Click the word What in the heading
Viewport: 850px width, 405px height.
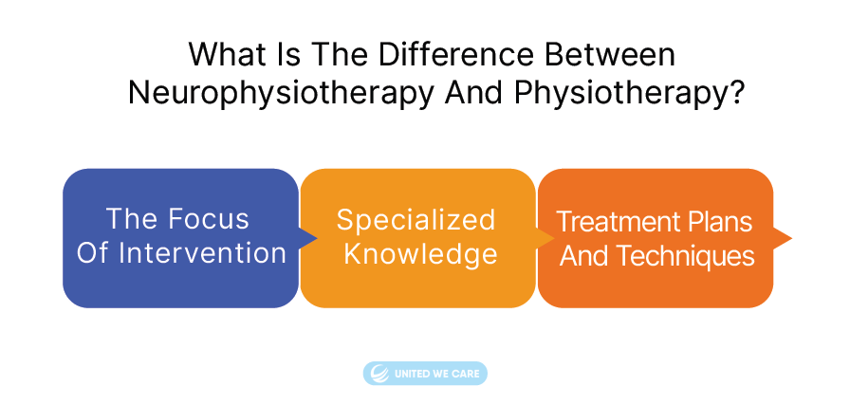pos(226,54)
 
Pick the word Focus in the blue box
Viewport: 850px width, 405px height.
pos(208,219)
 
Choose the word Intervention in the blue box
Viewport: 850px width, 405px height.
pos(202,253)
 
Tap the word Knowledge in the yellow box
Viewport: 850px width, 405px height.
pos(420,254)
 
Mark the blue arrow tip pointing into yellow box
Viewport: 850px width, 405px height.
pos(316,238)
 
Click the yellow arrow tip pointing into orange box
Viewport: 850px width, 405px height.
pos(553,238)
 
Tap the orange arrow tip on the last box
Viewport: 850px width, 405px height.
pos(791,238)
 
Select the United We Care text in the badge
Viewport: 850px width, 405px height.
pos(437,374)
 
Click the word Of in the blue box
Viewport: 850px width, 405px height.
pos(94,253)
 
